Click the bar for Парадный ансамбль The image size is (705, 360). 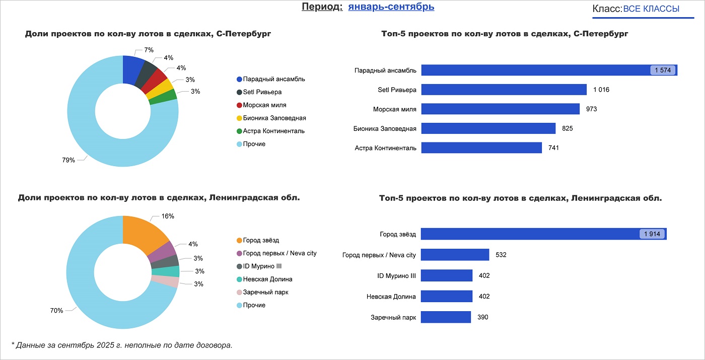(x=534, y=70)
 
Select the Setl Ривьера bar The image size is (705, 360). (x=504, y=90)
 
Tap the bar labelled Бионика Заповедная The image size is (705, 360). (x=488, y=128)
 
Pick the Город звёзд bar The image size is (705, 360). (x=529, y=234)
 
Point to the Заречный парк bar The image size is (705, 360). (x=446, y=317)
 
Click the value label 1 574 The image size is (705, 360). (x=662, y=70)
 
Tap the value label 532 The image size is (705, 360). (x=501, y=255)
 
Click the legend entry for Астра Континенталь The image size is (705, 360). (x=273, y=131)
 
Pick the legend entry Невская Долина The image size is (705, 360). (x=267, y=279)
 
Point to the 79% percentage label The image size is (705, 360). (x=68, y=160)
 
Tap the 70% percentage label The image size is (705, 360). (x=56, y=311)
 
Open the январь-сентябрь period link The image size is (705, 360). (x=391, y=7)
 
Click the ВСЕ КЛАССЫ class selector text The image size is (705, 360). (x=651, y=9)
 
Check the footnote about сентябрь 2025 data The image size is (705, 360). (x=122, y=345)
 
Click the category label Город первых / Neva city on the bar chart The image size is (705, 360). (x=379, y=255)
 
